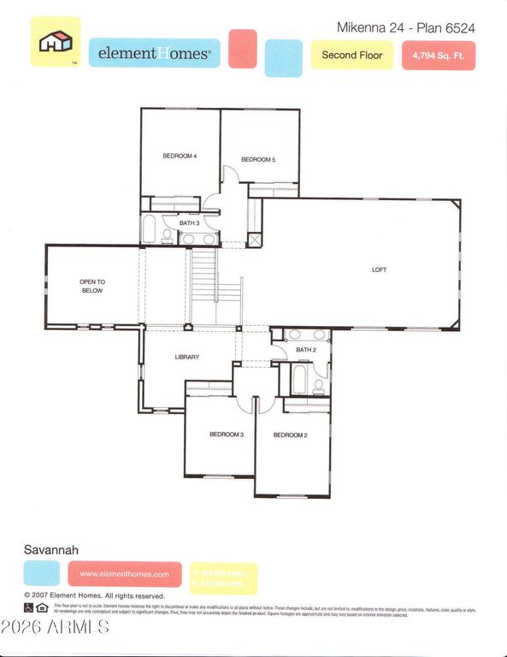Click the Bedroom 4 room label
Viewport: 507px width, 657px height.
pyautogui.click(x=180, y=156)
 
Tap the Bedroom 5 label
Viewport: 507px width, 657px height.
pyautogui.click(x=257, y=159)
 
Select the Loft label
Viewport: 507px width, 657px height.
pyautogui.click(x=379, y=269)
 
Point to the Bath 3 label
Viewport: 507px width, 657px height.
pyautogui.click(x=189, y=222)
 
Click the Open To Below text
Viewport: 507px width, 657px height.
pyautogui.click(x=91, y=286)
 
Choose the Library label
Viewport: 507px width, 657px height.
pyautogui.click(x=186, y=357)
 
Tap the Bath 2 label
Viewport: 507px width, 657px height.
pyautogui.click(x=305, y=350)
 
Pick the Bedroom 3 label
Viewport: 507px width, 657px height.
pyautogui.click(x=227, y=435)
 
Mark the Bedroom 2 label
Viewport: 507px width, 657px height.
pyautogui.click(x=290, y=435)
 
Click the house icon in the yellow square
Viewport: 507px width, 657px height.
pyautogui.click(x=56, y=41)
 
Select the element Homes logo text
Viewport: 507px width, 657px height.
pyautogui.click(x=154, y=53)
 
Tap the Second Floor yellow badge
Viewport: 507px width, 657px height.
pyautogui.click(x=351, y=55)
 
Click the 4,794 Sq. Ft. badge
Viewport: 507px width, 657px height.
pyautogui.click(x=438, y=55)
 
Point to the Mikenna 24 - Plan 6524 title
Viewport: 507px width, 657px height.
pyautogui.click(x=405, y=27)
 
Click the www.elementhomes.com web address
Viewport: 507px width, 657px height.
pyautogui.click(x=125, y=574)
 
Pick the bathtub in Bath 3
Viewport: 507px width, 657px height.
pyautogui.click(x=148, y=230)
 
